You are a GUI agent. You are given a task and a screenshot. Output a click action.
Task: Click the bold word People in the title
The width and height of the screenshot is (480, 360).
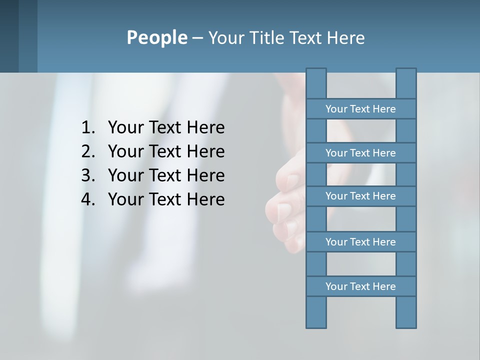click(x=156, y=38)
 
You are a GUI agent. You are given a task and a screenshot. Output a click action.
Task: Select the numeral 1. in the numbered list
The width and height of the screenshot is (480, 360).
click(x=88, y=128)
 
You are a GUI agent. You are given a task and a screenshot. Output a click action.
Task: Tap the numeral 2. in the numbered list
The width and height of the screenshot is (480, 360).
click(x=88, y=152)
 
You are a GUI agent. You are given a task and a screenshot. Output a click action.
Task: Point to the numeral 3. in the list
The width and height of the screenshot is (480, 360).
click(x=88, y=176)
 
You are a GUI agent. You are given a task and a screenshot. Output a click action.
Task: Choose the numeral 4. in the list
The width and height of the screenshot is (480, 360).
click(x=88, y=200)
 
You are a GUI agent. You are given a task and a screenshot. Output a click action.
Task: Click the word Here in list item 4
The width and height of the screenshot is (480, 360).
click(x=205, y=200)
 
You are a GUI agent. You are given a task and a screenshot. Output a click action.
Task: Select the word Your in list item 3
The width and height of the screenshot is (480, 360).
click(x=125, y=176)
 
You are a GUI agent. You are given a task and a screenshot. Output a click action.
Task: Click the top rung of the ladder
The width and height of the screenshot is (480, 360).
click(x=361, y=109)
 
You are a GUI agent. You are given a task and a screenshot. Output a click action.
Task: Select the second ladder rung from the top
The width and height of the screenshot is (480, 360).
click(x=361, y=153)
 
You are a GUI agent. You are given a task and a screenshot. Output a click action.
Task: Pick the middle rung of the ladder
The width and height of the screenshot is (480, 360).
click(x=361, y=196)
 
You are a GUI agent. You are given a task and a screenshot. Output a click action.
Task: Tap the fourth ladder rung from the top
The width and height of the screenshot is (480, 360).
click(x=361, y=242)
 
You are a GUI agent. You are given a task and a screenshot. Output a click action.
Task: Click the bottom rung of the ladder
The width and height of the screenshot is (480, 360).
click(x=361, y=286)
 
